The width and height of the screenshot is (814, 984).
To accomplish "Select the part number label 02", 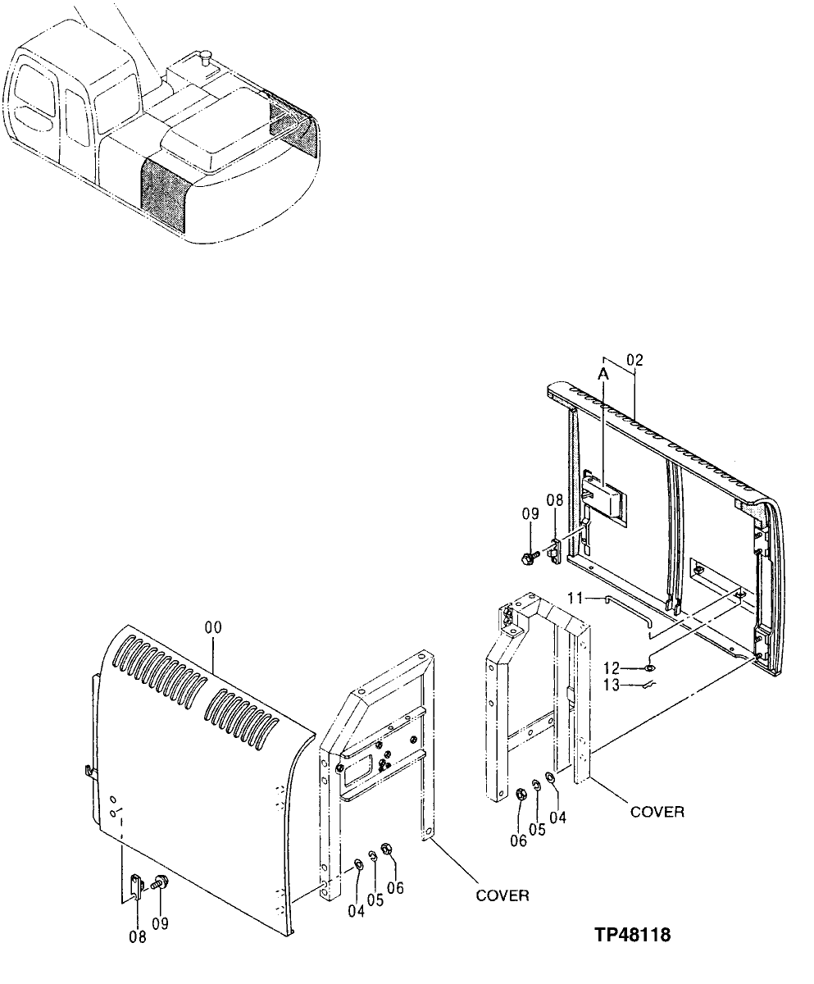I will (x=634, y=359).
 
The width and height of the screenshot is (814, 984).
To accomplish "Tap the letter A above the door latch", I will (x=603, y=375).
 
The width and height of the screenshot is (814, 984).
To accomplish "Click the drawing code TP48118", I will (x=632, y=934).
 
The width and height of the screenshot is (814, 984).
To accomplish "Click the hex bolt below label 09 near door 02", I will (x=529, y=557).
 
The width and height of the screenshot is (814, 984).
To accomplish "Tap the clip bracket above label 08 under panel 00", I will (x=138, y=886).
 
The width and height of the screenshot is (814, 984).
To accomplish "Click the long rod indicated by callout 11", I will (x=623, y=608).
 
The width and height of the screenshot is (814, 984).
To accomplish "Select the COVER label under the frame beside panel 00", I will (x=502, y=895).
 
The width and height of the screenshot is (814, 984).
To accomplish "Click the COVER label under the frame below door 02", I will (x=657, y=812).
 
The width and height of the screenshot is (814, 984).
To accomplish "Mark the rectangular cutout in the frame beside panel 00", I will (x=358, y=771).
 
